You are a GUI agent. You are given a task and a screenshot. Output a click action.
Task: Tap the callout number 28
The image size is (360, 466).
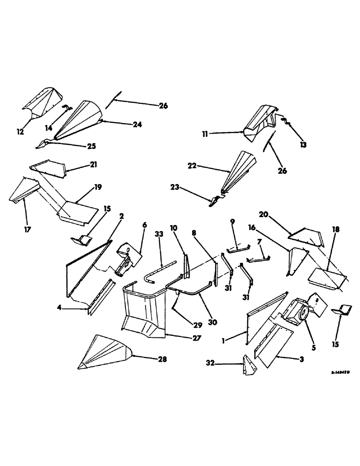(x=163, y=359)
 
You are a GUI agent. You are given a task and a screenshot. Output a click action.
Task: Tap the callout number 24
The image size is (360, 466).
(x=138, y=124)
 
